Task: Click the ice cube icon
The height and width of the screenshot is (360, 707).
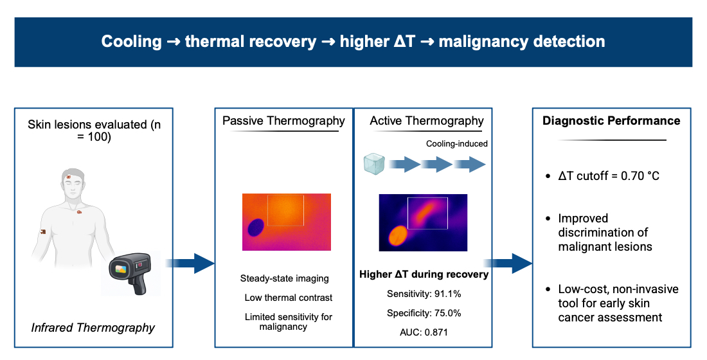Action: point(375,164)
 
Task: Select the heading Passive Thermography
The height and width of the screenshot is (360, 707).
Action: point(283,121)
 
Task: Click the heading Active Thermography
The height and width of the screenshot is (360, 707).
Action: point(427,121)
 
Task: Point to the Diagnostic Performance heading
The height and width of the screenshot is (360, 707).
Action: point(611,121)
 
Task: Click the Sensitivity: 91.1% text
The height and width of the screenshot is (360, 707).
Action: point(424,294)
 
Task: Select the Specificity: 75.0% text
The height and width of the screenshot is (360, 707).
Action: point(424,313)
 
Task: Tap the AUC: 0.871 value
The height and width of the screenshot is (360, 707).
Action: point(424,332)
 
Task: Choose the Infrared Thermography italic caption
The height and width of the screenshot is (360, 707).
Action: point(93,328)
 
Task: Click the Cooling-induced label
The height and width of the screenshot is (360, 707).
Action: point(457,144)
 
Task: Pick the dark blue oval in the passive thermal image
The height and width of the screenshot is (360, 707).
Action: point(256,227)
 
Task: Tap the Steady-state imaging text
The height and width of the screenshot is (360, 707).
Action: point(284,278)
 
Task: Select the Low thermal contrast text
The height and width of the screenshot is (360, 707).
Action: point(289,298)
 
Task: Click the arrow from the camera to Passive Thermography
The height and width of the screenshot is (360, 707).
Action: point(190,263)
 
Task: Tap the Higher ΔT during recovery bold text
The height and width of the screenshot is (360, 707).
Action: point(424,274)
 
